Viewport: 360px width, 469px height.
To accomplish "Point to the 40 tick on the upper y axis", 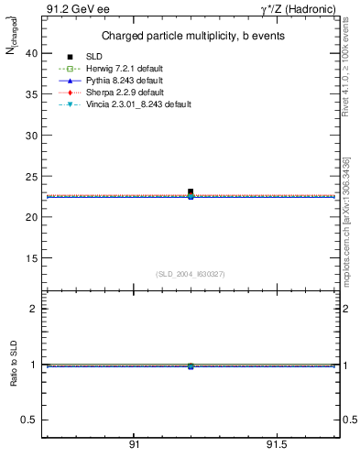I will (30, 53).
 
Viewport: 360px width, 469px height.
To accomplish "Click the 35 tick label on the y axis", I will (30, 94).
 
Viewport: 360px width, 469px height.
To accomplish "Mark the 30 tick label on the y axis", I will (30, 136).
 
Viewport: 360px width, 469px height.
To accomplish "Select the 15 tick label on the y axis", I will (30, 258).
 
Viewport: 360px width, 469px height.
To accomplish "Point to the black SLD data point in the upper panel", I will (191, 191).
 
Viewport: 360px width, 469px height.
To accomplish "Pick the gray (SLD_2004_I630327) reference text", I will (191, 274).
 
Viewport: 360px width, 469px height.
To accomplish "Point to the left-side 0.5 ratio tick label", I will (28, 420).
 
